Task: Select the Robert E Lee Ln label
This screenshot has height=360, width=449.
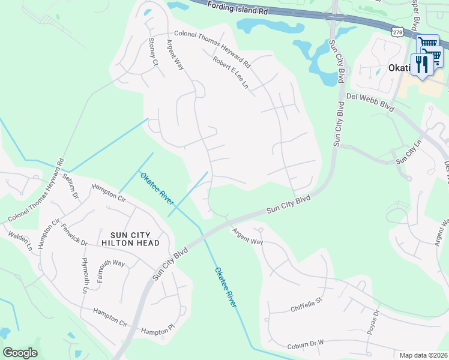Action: pyautogui.click(x=230, y=73)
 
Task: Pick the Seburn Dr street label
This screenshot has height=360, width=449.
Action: pyautogui.click(x=71, y=187)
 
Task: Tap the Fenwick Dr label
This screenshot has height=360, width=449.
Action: pyautogui.click(x=74, y=234)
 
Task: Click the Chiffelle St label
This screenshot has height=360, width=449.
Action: pyautogui.click(x=307, y=308)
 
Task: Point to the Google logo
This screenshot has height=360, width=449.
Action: pyautogui.click(x=20, y=353)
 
